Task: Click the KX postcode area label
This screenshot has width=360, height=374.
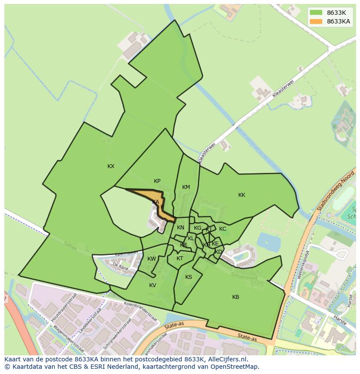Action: click(x=111, y=166)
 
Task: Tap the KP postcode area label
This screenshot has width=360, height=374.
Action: click(x=157, y=181)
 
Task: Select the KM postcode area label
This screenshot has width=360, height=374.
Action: click(x=186, y=187)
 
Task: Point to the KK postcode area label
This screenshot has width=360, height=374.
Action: click(x=242, y=195)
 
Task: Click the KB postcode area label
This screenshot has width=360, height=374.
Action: click(x=236, y=297)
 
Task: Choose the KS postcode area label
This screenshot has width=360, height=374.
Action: click(x=189, y=277)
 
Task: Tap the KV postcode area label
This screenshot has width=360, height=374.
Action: click(x=153, y=285)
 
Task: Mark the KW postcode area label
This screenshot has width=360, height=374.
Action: click(x=151, y=259)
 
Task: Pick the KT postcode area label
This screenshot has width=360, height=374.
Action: click(x=180, y=258)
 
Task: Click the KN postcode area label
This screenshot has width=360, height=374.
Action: click(x=180, y=228)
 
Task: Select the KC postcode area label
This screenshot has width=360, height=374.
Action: click(x=223, y=229)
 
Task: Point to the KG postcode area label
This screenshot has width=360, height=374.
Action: click(x=198, y=228)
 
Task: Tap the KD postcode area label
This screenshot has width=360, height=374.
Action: click(x=218, y=252)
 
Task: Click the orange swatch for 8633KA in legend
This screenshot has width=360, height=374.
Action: click(x=316, y=21)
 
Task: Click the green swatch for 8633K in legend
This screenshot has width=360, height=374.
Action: click(x=316, y=12)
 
